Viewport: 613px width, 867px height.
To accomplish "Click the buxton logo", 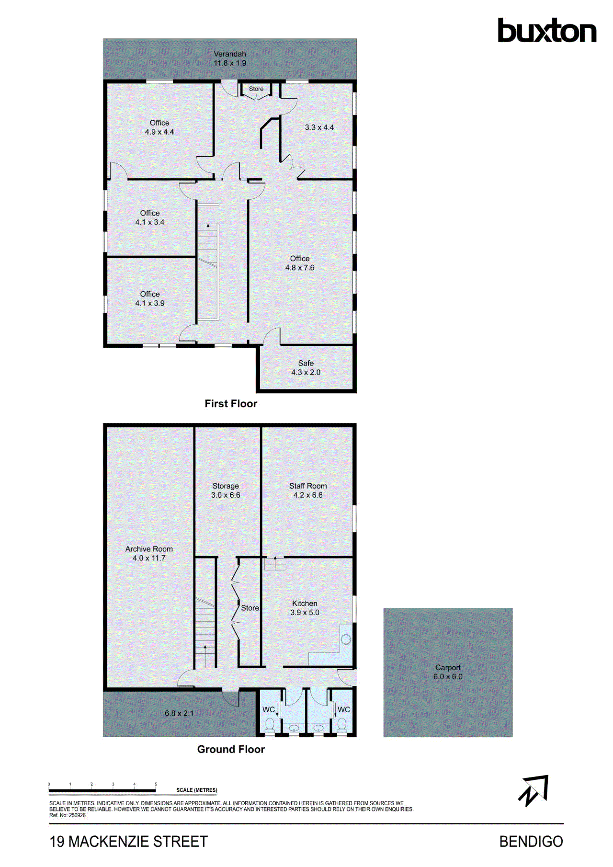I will [547, 31].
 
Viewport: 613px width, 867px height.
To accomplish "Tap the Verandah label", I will [230, 54].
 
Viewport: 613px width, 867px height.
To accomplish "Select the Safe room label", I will [306, 363].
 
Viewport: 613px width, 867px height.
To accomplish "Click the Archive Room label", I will [149, 549].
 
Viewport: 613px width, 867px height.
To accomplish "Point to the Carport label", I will [448, 667].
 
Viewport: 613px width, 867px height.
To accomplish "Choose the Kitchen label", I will [305, 604].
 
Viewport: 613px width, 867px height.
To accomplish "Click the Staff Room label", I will [308, 486].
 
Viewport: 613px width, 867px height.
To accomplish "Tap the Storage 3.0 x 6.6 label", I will [226, 491].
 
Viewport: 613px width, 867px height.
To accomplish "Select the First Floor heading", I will [231, 404].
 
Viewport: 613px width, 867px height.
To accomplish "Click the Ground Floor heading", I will [231, 749].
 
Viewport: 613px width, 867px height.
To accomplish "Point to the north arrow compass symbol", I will [533, 790].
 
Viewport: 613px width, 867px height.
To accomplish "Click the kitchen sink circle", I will [346, 639].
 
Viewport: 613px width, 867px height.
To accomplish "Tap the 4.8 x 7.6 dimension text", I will [300, 268].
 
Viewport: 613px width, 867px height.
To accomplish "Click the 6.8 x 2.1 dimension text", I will [179, 713].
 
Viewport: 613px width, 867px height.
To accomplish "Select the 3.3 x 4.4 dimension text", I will [319, 127].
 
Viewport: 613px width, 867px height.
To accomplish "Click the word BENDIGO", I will [531, 842].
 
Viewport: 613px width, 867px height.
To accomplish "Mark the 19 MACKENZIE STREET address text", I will [128, 842].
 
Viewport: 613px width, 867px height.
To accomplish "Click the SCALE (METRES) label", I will [197, 790].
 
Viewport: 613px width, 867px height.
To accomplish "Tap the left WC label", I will [269, 709].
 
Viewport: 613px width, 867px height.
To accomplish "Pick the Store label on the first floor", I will [256, 89].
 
